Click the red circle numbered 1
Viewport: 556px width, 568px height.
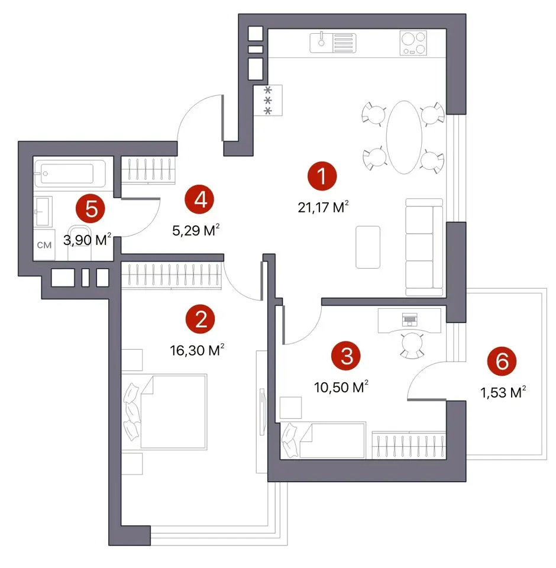pos(322,176)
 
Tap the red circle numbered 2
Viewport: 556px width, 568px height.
pos(201,319)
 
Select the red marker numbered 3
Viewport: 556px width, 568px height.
pos(346,356)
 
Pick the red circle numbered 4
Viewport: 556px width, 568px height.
pos(199,199)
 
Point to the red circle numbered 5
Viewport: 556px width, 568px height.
pos(90,209)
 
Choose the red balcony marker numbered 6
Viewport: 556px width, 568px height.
pos(502,361)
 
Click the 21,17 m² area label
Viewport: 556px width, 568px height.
pos(323,207)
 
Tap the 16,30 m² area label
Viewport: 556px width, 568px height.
pos(197,350)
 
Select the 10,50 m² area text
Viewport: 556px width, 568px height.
pos(341,387)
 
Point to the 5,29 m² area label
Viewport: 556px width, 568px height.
pos(196,230)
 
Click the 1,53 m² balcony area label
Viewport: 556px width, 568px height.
pos(503,392)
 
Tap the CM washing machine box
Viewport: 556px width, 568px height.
pos(44,245)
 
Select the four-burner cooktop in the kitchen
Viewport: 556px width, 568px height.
pos(413,43)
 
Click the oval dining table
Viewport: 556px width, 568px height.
pos(404,137)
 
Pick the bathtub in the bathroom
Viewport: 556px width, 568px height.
pos(70,173)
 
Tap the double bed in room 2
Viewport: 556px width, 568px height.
pos(164,412)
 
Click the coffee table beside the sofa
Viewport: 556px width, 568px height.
pos(368,247)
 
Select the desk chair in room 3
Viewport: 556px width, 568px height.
pos(412,344)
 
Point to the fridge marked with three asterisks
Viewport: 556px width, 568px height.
pos(268,101)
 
